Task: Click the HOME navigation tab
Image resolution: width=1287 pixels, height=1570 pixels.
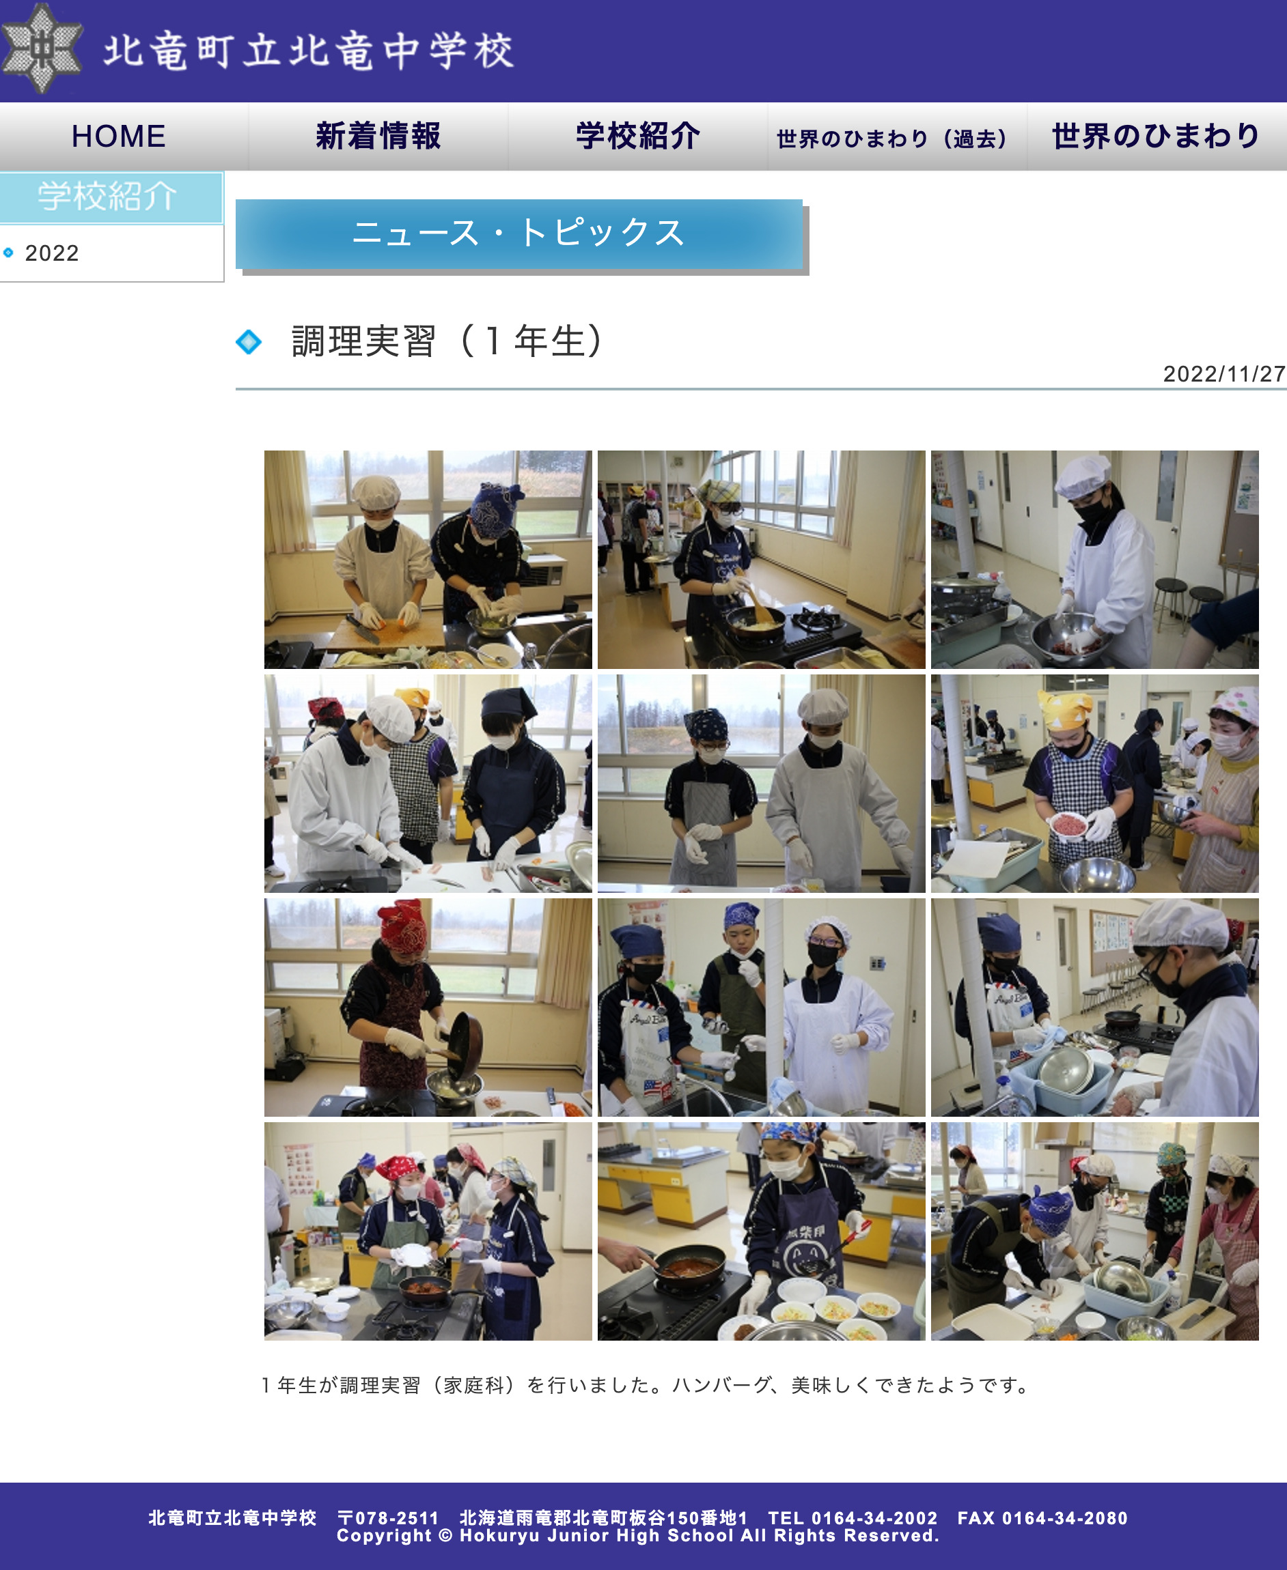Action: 119,137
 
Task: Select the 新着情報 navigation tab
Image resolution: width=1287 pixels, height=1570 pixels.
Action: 378,137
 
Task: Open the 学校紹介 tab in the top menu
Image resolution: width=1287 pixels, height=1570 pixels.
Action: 637,137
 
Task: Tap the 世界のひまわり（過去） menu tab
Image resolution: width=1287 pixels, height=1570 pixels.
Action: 892,139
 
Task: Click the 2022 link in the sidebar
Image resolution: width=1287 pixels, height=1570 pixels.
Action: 52,253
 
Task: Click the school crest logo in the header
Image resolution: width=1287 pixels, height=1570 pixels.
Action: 42,49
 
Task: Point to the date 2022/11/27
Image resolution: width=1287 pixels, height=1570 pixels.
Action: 1223,374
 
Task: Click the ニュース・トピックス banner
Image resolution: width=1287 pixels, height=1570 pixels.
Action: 518,233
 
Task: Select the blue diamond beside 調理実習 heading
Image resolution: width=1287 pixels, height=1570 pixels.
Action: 249,341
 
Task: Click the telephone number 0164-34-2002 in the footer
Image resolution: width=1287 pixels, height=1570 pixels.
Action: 874,1517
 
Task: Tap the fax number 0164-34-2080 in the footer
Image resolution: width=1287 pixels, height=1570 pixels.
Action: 1064,1517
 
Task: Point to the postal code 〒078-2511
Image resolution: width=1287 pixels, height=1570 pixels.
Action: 388,1517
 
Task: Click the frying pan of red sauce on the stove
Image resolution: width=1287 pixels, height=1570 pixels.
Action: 689,1264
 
